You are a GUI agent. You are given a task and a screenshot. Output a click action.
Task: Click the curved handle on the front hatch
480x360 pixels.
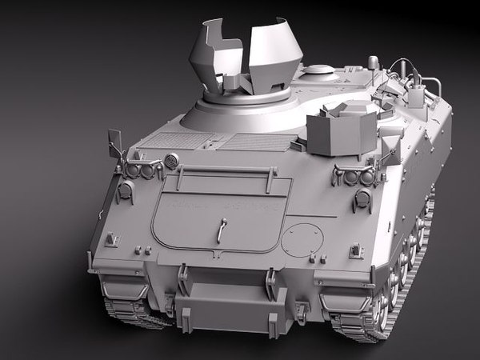click(222, 232)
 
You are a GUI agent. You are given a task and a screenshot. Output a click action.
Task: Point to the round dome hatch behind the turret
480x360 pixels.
click(319, 70)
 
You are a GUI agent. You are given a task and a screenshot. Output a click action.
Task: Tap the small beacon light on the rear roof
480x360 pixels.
click(373, 62)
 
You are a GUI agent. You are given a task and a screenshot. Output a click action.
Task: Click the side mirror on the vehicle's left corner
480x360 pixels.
click(114, 142)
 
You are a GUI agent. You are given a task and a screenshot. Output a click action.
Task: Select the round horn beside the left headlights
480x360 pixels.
click(170, 161)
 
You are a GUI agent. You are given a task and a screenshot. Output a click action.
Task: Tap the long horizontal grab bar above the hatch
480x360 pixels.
click(226, 170)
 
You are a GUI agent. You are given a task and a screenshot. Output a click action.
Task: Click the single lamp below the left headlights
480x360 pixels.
click(126, 191)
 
